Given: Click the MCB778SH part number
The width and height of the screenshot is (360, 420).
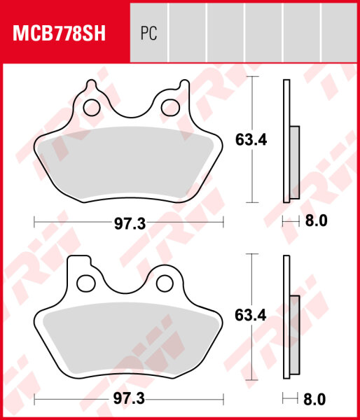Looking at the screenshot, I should click(57, 34).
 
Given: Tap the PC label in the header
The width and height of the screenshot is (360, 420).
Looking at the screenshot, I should click(148, 34).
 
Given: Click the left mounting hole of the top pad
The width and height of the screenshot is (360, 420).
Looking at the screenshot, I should click(90, 107).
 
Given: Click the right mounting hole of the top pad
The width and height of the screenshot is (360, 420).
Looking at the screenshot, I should click(169, 107).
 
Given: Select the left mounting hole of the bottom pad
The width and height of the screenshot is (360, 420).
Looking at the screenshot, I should click(86, 282).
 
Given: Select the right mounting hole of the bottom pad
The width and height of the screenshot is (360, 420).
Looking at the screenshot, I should click(165, 282).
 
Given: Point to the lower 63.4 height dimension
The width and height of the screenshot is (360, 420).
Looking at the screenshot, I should click(251, 316).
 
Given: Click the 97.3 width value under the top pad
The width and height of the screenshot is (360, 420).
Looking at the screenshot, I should click(129, 223).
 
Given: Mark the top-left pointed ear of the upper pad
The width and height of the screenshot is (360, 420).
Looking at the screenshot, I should click(88, 86).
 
